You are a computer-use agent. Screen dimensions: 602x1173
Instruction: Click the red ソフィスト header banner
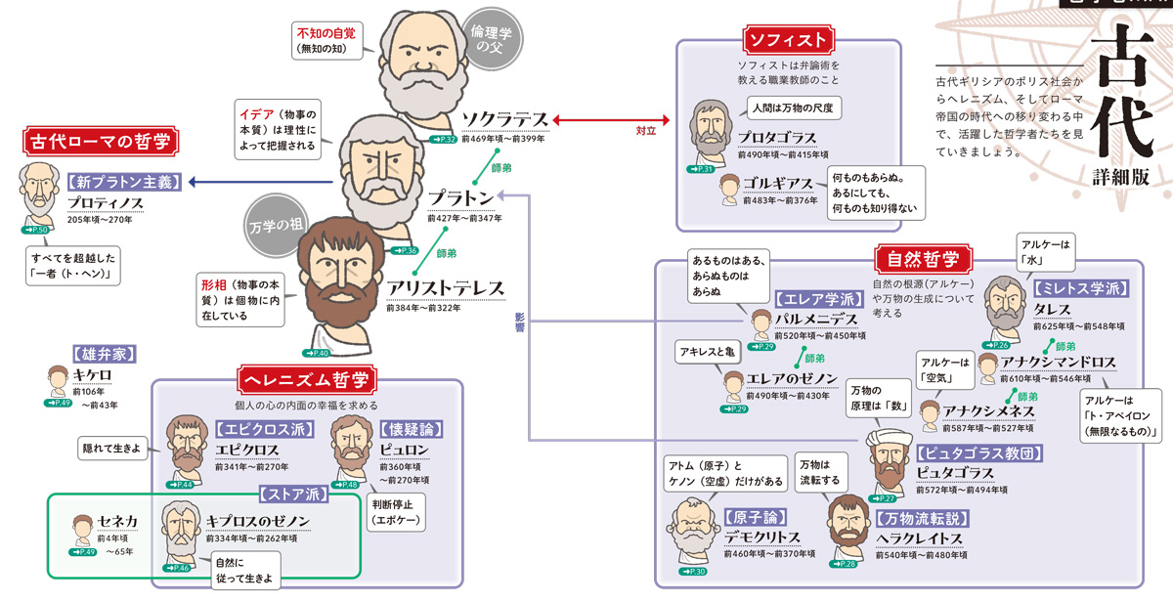[788, 40]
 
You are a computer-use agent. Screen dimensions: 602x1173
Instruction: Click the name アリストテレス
[445, 287]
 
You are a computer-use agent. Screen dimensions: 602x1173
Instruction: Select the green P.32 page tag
[443, 141]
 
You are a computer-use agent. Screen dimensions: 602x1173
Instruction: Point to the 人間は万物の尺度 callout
[793, 107]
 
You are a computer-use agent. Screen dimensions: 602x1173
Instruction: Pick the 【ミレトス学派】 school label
[1080, 288]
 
